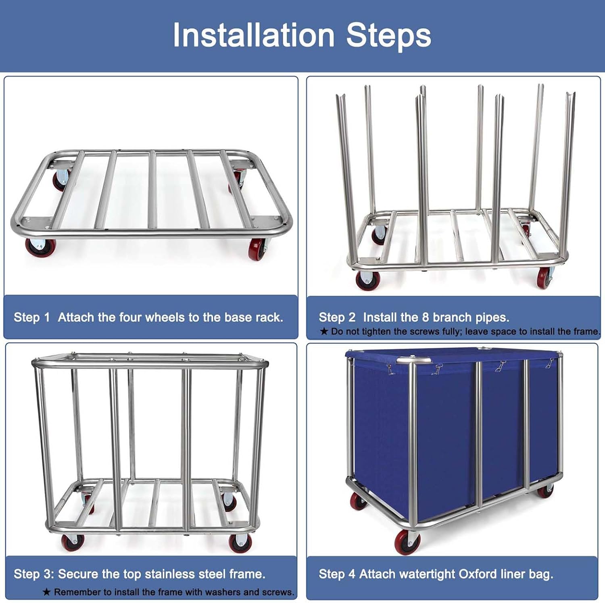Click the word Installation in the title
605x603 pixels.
pyautogui.click(x=254, y=35)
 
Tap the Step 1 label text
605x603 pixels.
pyautogui.click(x=31, y=317)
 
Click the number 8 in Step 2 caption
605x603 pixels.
pyautogui.click(x=425, y=317)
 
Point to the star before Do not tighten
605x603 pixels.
pyautogui.click(x=324, y=332)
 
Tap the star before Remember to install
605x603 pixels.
pyautogui.click(x=47, y=592)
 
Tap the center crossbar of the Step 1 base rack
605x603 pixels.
pyautogui.click(x=152, y=190)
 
